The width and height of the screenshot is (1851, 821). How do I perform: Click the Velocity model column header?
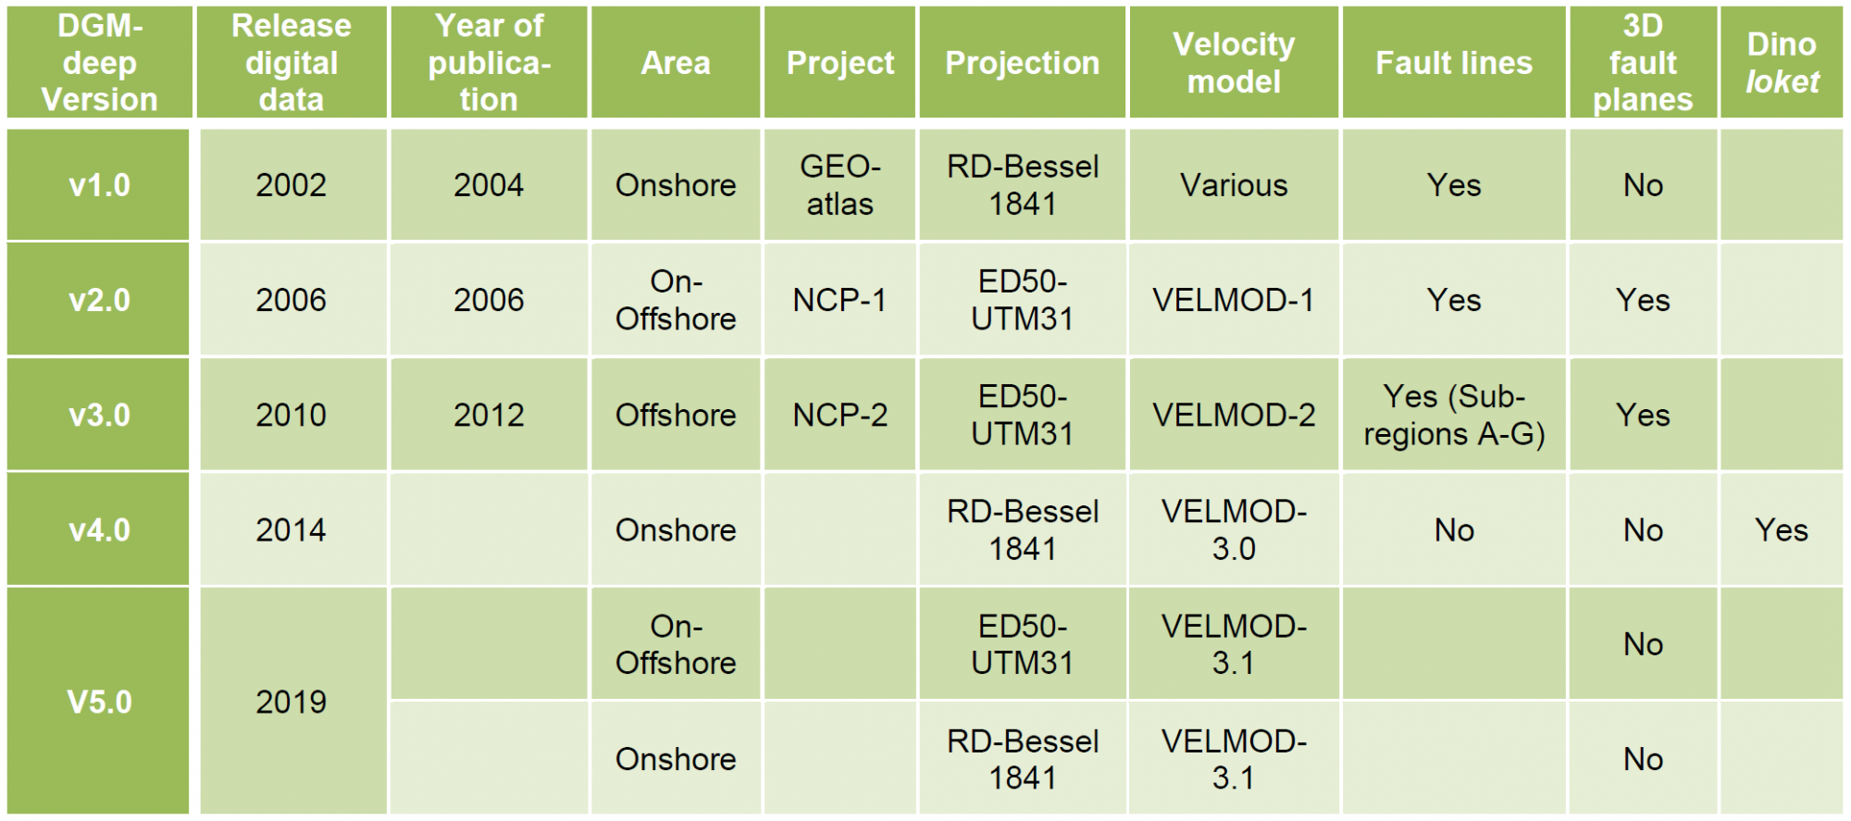(1234, 63)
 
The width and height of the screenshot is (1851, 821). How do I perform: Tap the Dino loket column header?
(1782, 63)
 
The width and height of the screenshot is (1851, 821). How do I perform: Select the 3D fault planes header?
(1643, 63)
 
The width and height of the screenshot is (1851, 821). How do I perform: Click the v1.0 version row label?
(99, 185)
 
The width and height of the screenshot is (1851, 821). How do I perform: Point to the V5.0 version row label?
(99, 702)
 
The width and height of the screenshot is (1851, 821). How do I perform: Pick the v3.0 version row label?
(99, 415)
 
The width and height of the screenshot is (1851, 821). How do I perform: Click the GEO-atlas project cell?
(839, 185)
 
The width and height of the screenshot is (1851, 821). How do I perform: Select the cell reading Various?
(1234, 185)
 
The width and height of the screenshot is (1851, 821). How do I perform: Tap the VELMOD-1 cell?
(1234, 300)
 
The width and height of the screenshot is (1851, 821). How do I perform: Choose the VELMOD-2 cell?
(1234, 415)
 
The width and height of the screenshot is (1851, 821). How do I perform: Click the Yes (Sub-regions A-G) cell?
(1454, 415)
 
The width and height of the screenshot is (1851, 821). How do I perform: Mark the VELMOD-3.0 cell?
(1234, 529)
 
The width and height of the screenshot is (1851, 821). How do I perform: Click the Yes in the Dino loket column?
(1782, 529)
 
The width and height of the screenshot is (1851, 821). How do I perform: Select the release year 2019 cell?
(292, 702)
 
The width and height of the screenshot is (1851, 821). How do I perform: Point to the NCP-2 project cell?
(839, 415)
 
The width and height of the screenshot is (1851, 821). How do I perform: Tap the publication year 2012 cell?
(489, 415)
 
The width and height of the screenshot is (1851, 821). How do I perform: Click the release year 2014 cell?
(292, 529)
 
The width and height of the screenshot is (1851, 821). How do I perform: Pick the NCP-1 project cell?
(839, 300)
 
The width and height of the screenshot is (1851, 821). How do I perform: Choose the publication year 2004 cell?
(489, 185)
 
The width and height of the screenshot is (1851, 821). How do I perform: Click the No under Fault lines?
(1454, 529)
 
